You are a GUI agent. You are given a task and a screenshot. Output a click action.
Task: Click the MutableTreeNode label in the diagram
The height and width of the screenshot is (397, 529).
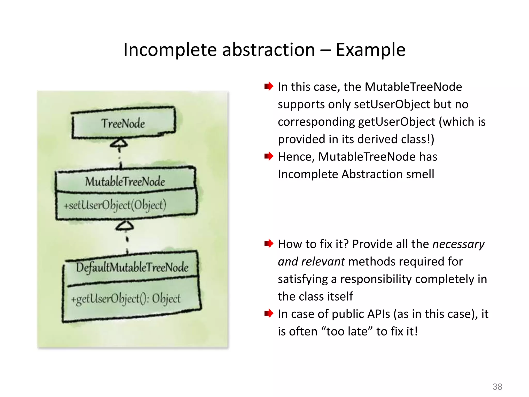[125, 181]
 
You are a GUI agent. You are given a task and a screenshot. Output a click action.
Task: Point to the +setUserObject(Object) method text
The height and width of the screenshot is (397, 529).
[115, 205]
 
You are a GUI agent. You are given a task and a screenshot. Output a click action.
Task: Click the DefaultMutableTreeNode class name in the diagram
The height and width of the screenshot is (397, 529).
[132, 267]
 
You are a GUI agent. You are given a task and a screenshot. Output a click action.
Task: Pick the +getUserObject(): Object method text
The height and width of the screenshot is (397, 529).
[126, 299]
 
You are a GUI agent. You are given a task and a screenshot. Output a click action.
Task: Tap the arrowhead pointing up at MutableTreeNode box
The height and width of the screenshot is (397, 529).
[125, 226]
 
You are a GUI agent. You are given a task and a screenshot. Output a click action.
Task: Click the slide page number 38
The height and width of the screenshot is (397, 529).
[497, 387]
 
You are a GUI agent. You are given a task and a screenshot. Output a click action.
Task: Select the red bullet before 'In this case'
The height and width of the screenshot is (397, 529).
[269, 86]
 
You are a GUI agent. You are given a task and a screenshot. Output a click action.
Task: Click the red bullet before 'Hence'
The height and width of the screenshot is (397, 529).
[269, 156]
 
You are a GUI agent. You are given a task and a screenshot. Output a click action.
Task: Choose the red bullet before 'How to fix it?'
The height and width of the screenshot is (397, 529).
[269, 243]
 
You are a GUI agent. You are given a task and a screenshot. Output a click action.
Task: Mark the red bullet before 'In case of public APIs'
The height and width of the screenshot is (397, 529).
[269, 314]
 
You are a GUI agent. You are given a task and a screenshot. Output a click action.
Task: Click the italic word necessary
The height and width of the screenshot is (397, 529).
[458, 244]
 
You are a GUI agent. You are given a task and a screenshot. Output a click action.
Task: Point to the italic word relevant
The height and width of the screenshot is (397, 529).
[323, 262]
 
